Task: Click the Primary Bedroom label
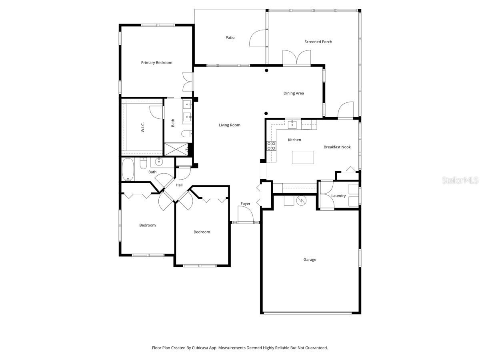pos(156,63)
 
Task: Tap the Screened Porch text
pos(318,42)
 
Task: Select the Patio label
pos(230,38)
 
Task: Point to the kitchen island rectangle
pos(303,157)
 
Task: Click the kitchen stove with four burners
pos(271,146)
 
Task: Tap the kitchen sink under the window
pos(292,124)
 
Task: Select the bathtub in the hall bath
pos(128,170)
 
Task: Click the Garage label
pos(310,260)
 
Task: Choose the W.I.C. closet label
pos(142,127)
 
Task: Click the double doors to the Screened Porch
pos(296,57)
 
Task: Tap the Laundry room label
pos(338,196)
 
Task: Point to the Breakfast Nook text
pos(337,147)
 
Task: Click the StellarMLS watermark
pos(460,181)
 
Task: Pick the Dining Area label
pos(294,93)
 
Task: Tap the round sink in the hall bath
pos(159,162)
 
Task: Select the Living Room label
pos(230,125)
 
